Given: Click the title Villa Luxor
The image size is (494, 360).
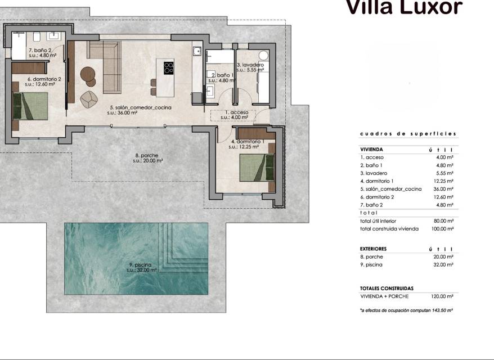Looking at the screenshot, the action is pyautogui.click(x=404, y=7).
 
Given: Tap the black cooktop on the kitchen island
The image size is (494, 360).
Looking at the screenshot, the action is pyautogui.click(x=169, y=67).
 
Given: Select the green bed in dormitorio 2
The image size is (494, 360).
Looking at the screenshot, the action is pyautogui.click(x=30, y=106).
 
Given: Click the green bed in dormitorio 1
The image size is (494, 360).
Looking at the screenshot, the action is pyautogui.click(x=257, y=168).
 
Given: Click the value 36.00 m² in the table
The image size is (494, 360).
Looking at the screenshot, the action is pyautogui.click(x=443, y=189).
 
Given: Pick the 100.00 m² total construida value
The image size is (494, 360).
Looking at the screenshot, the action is pyautogui.click(x=442, y=229).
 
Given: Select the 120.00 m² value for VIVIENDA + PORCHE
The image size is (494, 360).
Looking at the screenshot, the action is pyautogui.click(x=442, y=296).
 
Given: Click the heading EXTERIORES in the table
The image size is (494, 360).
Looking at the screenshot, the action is pyautogui.click(x=373, y=249).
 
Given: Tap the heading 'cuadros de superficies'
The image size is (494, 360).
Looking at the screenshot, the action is pyautogui.click(x=408, y=134).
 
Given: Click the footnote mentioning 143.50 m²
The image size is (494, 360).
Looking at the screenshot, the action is pyautogui.click(x=406, y=310).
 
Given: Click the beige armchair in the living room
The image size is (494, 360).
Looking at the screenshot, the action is pyautogui.click(x=89, y=99).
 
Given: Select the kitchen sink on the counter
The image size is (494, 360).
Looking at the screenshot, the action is pyautogui.click(x=197, y=51).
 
